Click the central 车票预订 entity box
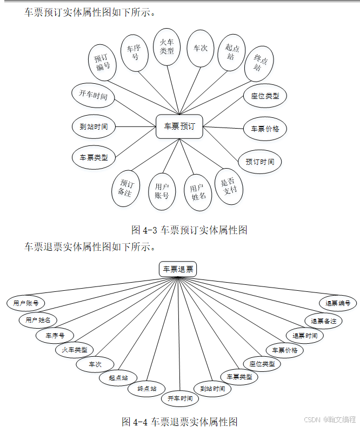179,126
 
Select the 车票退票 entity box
178,269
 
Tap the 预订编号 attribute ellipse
103,62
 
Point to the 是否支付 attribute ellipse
229,186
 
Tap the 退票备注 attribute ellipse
323,321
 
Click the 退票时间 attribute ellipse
305,335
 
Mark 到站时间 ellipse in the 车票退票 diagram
212,389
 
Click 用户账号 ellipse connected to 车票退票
26,303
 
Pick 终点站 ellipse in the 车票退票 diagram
146,388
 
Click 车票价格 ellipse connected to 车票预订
265,129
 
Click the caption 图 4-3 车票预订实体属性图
189,230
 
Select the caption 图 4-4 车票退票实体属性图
180,421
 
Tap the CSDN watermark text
330,419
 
